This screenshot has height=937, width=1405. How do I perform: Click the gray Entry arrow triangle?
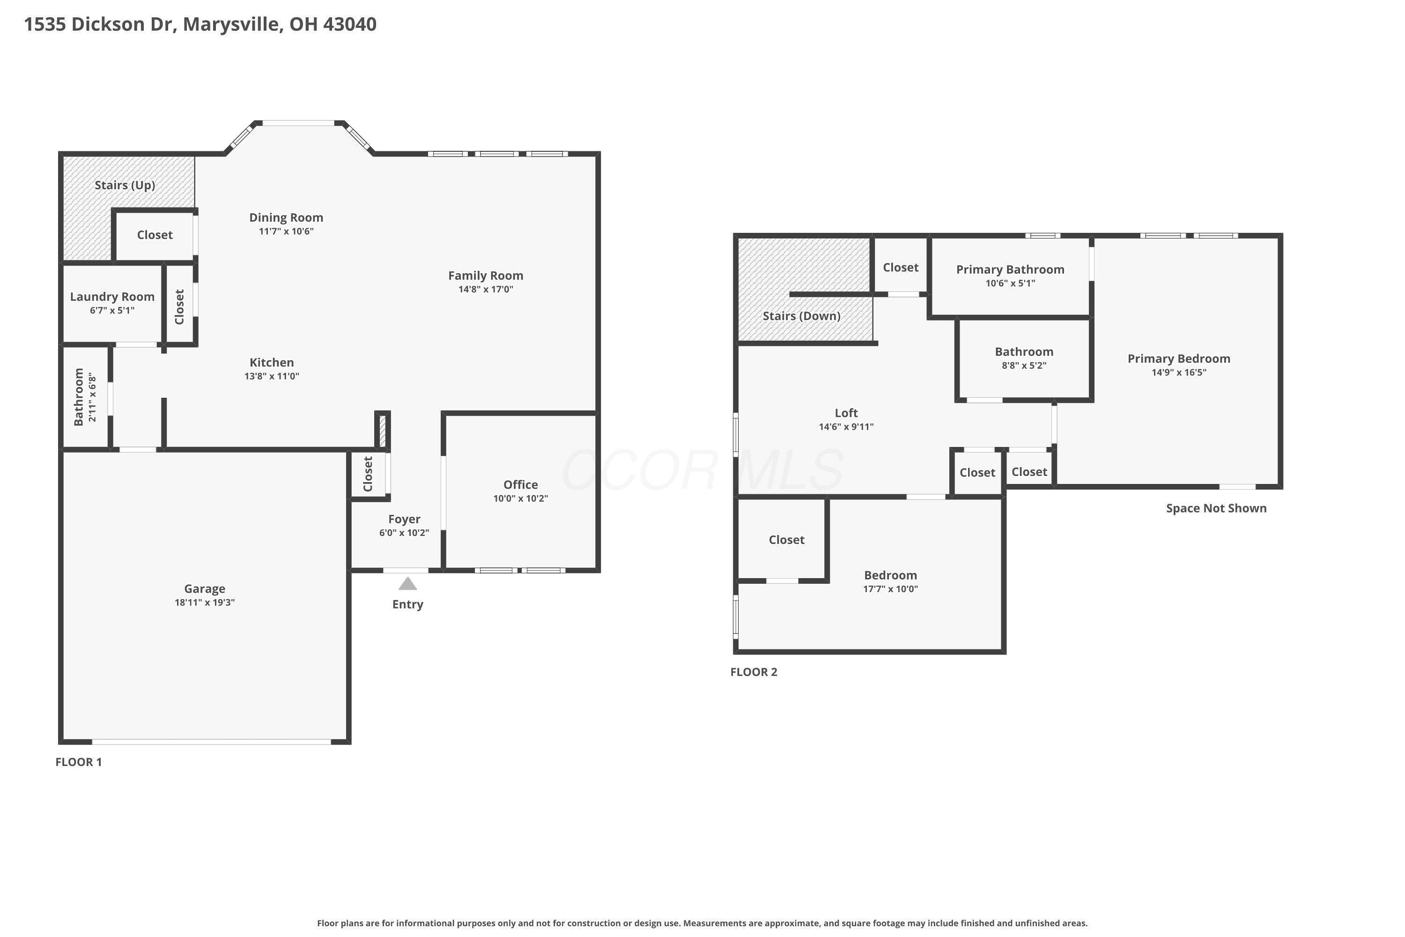click(x=407, y=583)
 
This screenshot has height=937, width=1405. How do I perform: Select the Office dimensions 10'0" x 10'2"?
click(x=520, y=498)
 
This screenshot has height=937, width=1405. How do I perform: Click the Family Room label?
click(x=486, y=275)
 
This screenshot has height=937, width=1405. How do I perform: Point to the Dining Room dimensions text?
click(x=286, y=231)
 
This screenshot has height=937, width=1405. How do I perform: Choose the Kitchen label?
click(x=272, y=362)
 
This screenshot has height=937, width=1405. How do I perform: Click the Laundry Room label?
click(x=112, y=297)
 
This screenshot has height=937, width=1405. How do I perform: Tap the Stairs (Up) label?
click(x=125, y=185)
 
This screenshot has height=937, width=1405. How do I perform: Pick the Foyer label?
click(x=405, y=519)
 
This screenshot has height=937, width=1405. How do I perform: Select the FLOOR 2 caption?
click(x=754, y=672)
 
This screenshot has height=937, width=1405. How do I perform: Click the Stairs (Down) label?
click(x=802, y=316)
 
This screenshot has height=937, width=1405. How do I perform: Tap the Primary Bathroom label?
click(x=1010, y=269)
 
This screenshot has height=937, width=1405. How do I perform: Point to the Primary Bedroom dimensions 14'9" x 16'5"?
click(x=1179, y=372)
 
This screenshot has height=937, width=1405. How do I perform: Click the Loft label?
click(x=846, y=413)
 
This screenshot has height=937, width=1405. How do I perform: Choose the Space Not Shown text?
click(x=1216, y=508)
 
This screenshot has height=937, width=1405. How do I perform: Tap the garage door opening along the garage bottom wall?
click(x=212, y=742)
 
